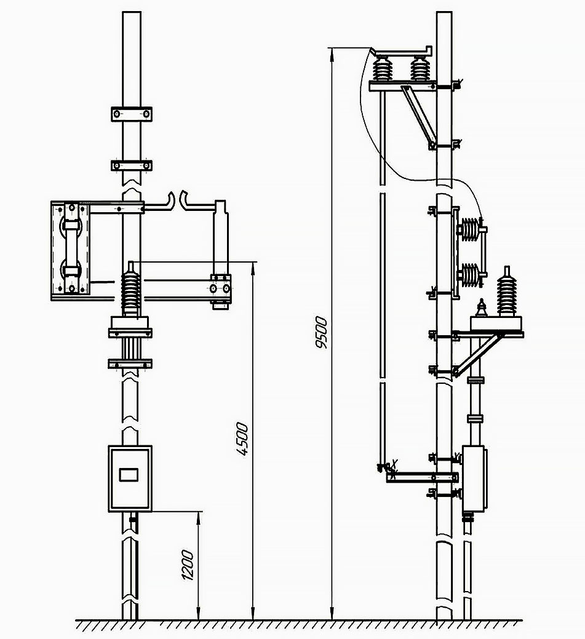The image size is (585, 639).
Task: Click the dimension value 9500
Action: click(322, 332)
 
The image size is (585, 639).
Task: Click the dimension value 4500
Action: click(242, 439)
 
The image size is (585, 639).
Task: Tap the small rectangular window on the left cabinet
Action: click(129, 475)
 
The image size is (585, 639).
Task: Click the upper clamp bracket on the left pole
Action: click(131, 114)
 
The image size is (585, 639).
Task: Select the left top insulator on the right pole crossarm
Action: click(383, 68)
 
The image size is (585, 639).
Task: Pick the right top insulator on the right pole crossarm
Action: click(420, 68)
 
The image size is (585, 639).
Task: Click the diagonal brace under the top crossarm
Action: click(418, 117)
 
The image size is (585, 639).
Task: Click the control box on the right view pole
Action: click(474, 478)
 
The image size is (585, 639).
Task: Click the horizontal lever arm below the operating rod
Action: click(421, 477)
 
